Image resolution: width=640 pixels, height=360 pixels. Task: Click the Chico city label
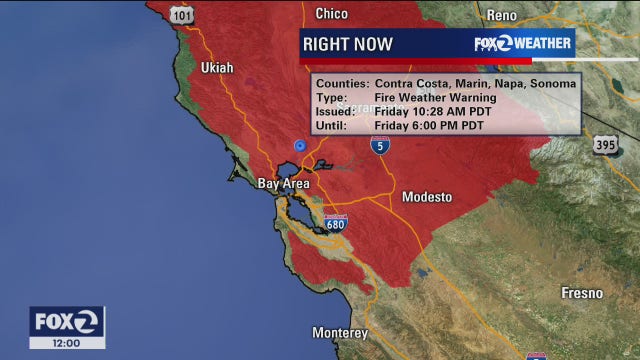pos(331,14)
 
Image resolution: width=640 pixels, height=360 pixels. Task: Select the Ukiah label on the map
pos(216,68)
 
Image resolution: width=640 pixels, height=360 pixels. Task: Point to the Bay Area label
pos(284,184)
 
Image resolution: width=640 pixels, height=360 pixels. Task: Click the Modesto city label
pos(427,198)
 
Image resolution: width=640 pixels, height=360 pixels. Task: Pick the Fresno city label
pos(581,293)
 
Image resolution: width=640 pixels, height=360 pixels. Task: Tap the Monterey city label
pos(340,333)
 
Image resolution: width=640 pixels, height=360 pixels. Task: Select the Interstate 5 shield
pos(379,146)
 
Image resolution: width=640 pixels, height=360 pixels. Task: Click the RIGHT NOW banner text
pos(348,44)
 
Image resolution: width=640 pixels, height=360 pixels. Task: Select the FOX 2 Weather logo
pos(523,43)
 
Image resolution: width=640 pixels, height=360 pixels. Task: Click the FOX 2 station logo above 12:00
pos(66,320)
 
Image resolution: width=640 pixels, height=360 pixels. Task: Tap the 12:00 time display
pos(66,342)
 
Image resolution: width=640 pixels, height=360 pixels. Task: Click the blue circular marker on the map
pos(298,145)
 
